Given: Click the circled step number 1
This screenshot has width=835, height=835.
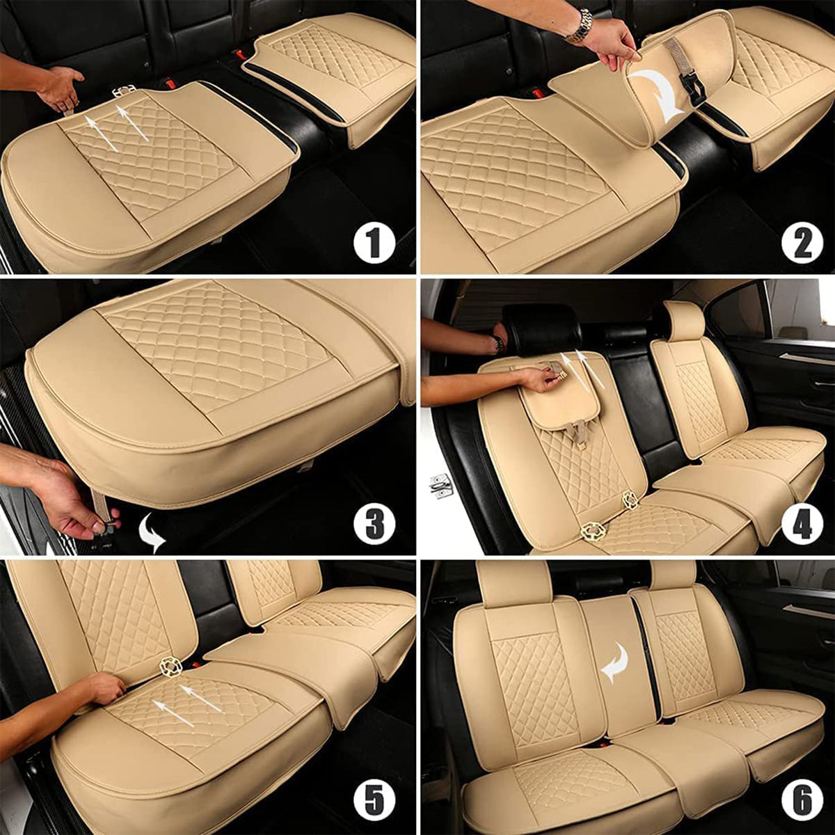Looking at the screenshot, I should coord(374,244).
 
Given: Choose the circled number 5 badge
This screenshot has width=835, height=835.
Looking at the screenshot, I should coord(374,802).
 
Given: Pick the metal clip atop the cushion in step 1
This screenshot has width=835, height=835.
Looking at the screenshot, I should coord(123,90).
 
